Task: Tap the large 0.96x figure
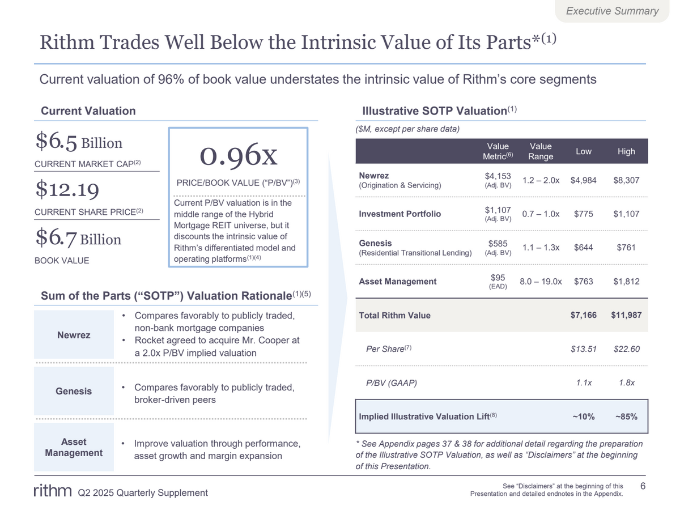tap(238, 155)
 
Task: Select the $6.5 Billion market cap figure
tap(79, 143)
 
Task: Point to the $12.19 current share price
tap(67, 189)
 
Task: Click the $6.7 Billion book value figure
tap(78, 239)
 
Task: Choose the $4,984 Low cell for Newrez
tap(583, 180)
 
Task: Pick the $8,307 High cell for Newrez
tap(626, 180)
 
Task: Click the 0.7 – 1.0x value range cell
tap(541, 214)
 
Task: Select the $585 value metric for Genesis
tap(498, 243)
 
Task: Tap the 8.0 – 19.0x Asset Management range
tap(541, 282)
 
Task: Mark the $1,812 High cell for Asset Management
tap(626, 282)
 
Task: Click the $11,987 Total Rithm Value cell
tap(626, 315)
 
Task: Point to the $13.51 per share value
tap(583, 349)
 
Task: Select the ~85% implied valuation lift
tap(626, 416)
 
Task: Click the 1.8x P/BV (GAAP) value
tap(626, 383)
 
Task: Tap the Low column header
tap(583, 151)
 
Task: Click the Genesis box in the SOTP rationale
tap(74, 391)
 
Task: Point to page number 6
tap(643, 486)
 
